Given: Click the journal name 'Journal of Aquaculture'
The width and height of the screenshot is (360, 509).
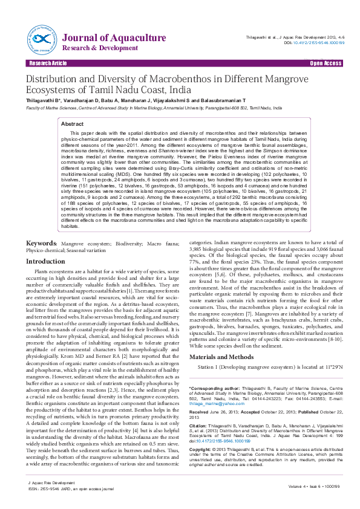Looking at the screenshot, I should (x=114, y=38).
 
